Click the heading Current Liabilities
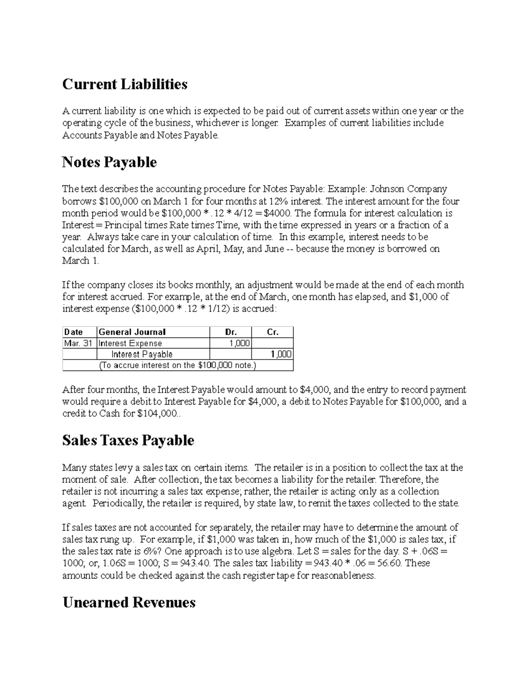click(x=125, y=84)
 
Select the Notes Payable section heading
click(x=109, y=162)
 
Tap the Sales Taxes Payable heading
click(x=128, y=440)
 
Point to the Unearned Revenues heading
click(x=129, y=602)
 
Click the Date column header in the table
click(x=73, y=332)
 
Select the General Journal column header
click(x=132, y=332)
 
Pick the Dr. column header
click(x=231, y=332)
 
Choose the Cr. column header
click(x=273, y=332)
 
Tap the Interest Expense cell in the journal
click(x=130, y=343)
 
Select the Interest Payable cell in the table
click(x=142, y=354)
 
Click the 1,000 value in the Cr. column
click(x=282, y=354)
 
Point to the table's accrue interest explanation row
click(x=178, y=365)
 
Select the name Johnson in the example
click(x=387, y=190)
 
